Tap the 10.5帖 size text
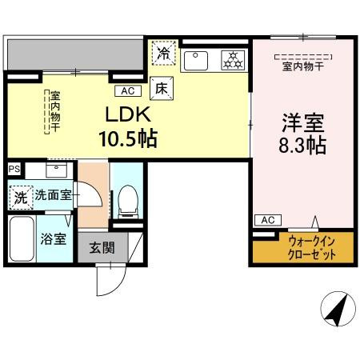point(127,139)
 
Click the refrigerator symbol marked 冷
point(163,54)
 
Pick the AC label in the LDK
point(127,92)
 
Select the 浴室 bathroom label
point(53,238)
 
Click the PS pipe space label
point(14,169)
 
